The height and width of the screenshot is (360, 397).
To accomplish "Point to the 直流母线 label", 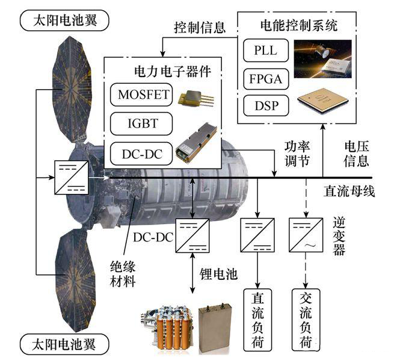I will tap(349, 192).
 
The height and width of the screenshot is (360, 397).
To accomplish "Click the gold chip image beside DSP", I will tap(325, 104).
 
